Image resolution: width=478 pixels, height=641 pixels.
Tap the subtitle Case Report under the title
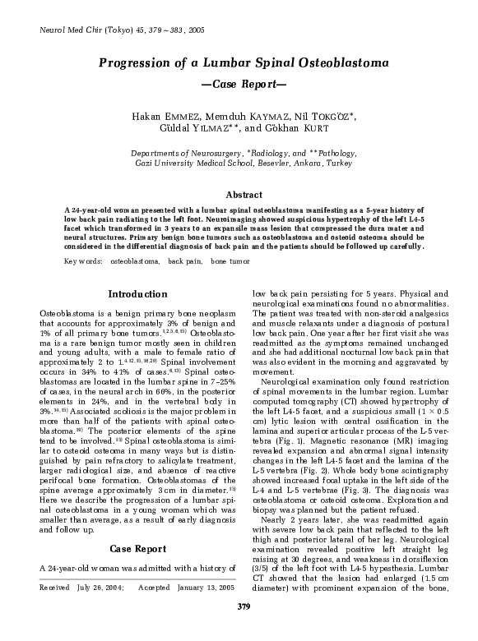239,85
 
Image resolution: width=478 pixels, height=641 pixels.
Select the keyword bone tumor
230,261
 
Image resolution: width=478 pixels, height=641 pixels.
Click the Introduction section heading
137,294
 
